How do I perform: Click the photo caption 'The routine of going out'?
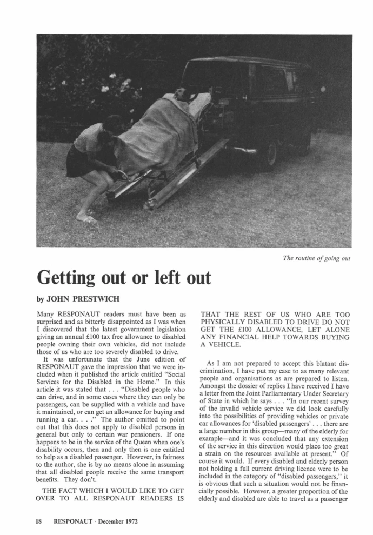pyautogui.click(x=317, y=258)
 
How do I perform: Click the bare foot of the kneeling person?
pyautogui.click(x=87, y=219)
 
